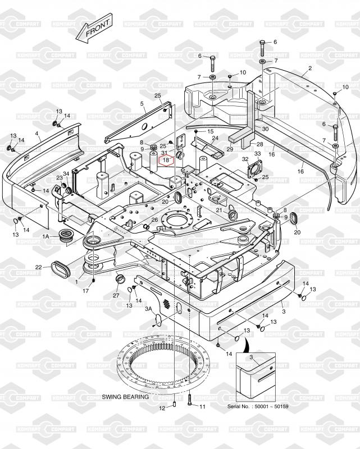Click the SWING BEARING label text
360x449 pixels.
pyautogui.click(x=125, y=397)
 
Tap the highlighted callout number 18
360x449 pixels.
pyautogui.click(x=166, y=161)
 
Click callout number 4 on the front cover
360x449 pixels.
pyautogui.click(x=37, y=134)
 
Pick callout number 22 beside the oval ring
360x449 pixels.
pyautogui.click(x=39, y=267)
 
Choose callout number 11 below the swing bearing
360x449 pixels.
pyautogui.click(x=203, y=406)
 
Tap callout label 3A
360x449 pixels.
pyautogui.click(x=149, y=309)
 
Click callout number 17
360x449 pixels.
pyautogui.click(x=86, y=291)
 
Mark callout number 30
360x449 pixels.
pyautogui.click(x=266, y=129)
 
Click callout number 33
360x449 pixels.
pyautogui.click(x=258, y=154)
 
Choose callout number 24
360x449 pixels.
pyautogui.click(x=215, y=138)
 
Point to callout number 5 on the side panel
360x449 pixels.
pyautogui.click(x=142, y=104)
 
